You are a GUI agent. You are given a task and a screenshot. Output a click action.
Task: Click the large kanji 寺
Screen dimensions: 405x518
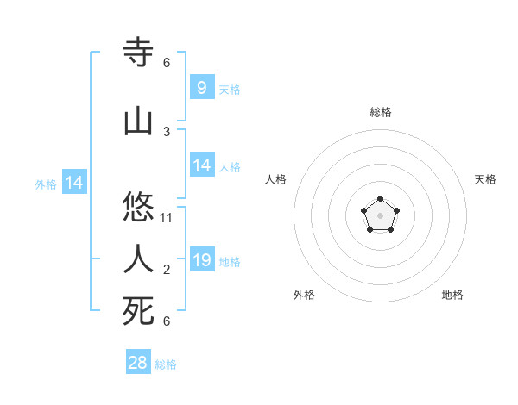coord(139,53)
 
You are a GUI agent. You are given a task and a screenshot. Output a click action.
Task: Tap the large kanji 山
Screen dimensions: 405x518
coord(139,121)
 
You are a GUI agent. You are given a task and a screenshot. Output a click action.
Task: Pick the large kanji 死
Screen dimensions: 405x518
coord(139,311)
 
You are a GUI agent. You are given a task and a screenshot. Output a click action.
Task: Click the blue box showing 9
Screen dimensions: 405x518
coord(201,87)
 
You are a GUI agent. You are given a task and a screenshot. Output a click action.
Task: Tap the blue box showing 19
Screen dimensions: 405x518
coord(201,259)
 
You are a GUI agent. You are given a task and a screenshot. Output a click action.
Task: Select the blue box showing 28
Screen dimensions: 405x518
coord(138,363)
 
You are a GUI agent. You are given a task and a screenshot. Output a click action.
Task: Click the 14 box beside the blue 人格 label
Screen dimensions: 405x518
coord(201,165)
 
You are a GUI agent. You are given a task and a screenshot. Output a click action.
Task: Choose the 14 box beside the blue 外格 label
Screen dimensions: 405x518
coord(73,183)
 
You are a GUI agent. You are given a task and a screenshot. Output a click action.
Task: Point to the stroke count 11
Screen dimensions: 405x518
coord(167,217)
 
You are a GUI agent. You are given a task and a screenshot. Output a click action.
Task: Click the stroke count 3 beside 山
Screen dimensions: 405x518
coord(167,131)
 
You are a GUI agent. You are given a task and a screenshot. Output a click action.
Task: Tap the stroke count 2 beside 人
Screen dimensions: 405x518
coord(167,270)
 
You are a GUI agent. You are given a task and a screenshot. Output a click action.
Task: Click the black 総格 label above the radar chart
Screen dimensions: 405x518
coord(381,112)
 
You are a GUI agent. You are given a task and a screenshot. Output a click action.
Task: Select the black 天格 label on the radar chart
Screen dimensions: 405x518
coord(485,179)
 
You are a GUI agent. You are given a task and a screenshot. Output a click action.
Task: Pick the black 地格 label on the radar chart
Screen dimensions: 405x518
coord(452,295)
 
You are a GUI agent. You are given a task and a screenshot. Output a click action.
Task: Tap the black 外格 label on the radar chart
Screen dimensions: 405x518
coord(304,295)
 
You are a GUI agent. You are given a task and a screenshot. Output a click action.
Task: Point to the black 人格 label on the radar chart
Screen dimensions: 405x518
coord(276,179)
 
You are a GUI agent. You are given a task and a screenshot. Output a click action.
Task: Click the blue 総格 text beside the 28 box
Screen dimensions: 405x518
coord(166,364)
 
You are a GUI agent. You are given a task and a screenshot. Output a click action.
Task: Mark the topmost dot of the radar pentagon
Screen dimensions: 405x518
coord(381,199)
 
